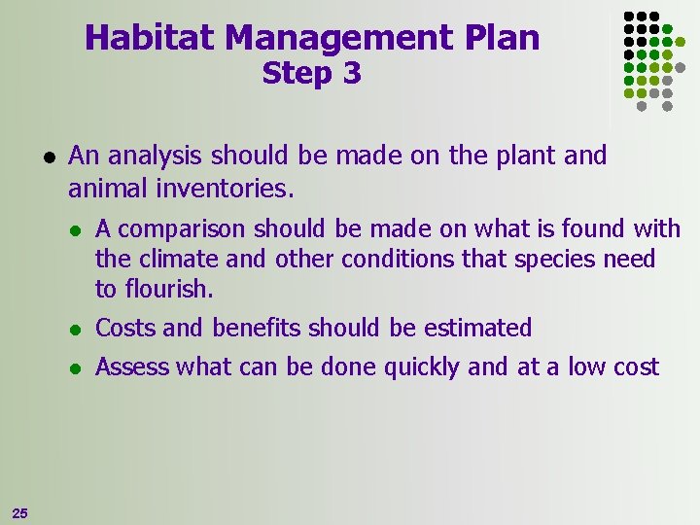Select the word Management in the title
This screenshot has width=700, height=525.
point(336,38)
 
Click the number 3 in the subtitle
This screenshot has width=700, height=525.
point(351,74)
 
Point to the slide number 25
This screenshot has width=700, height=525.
point(18,512)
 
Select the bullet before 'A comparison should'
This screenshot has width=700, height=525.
point(76,230)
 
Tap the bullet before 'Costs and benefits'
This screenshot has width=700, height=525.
point(76,329)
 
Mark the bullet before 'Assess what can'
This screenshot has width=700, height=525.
point(76,367)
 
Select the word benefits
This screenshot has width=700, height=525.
point(257,329)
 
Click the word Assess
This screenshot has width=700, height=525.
point(132,367)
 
